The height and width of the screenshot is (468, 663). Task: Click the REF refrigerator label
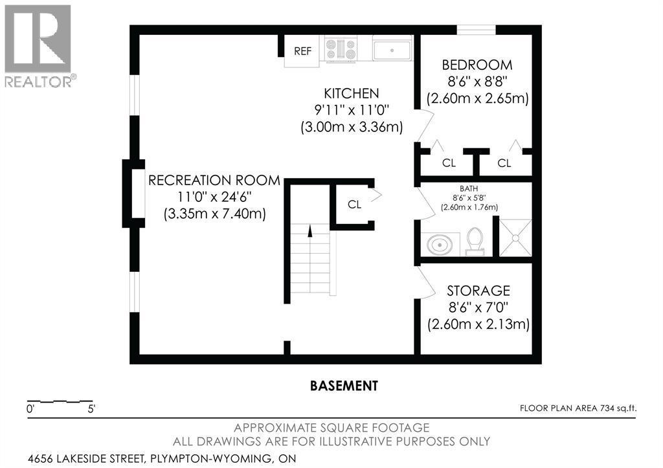click(x=303, y=51)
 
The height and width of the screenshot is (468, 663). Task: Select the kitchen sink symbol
click(x=392, y=50)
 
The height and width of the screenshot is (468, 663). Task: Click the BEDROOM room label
click(x=477, y=65)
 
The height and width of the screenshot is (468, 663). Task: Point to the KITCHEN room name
click(x=352, y=93)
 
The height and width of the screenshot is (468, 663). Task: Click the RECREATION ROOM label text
click(x=214, y=180)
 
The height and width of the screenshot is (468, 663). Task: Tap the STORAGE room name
click(x=478, y=291)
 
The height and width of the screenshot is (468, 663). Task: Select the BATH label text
click(x=469, y=188)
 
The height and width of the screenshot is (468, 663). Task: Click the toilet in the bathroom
click(x=475, y=241)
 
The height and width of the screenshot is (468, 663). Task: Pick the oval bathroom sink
click(x=440, y=245)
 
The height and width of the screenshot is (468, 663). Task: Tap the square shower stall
click(x=515, y=238)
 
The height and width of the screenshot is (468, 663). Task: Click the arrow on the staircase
click(x=310, y=231)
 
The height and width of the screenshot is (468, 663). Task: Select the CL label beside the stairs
click(x=354, y=205)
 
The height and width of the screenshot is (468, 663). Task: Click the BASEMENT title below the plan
click(x=344, y=386)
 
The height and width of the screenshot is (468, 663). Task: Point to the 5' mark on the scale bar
click(x=91, y=409)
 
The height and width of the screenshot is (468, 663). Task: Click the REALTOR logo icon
click(x=38, y=39)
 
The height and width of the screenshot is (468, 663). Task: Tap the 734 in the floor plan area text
click(x=607, y=408)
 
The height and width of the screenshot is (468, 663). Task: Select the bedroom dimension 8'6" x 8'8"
click(x=477, y=81)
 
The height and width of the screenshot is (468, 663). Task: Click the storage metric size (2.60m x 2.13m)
click(x=478, y=324)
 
